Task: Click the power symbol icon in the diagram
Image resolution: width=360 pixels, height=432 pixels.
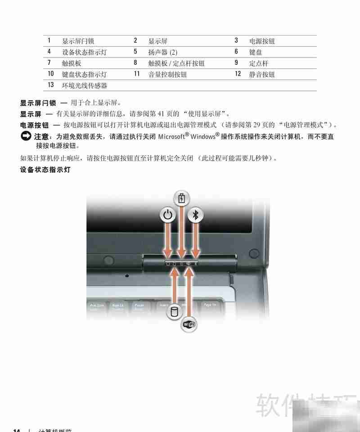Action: pyautogui.click(x=168, y=215)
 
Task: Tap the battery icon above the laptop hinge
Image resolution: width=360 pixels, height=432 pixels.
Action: pyautogui.click(x=182, y=198)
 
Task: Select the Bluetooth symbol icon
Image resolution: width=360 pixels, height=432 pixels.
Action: pyautogui.click(x=195, y=215)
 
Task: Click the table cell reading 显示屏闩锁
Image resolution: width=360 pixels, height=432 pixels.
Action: pyautogui.click(x=78, y=41)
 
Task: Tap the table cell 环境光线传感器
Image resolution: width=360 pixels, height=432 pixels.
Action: pyautogui.click(x=84, y=85)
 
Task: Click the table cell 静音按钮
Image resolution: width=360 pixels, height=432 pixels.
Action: pyautogui.click(x=262, y=74)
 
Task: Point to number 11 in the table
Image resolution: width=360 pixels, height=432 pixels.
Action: pyautogui.click(x=137, y=74)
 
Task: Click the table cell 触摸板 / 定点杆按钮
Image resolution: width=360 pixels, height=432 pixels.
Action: pyautogui.click(x=176, y=63)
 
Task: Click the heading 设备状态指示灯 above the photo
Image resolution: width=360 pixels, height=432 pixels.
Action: pyautogui.click(x=45, y=170)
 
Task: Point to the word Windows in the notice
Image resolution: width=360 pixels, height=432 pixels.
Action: pyautogui.click(x=202, y=136)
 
